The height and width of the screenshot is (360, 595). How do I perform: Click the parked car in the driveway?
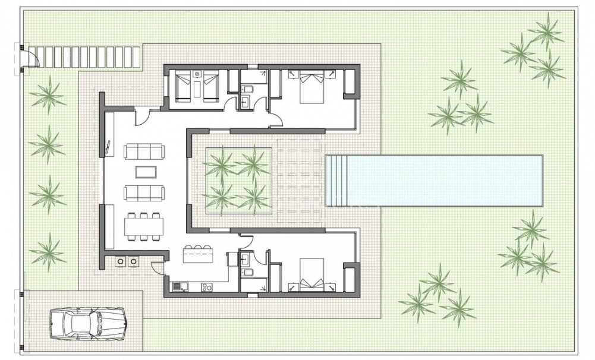point(87,324)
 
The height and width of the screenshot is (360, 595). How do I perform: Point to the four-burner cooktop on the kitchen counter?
point(207,287)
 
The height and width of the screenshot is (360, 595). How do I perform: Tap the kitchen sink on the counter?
point(178,287)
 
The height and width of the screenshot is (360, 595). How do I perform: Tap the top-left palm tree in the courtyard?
point(221,163)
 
